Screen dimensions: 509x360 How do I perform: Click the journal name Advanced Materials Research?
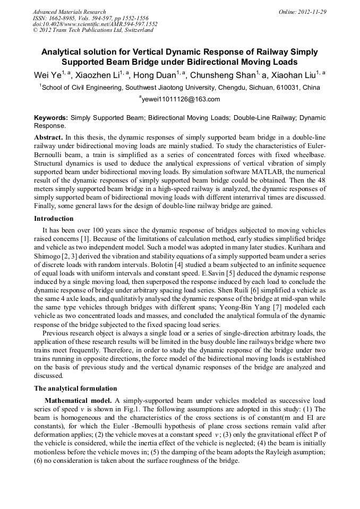(x=69, y=12)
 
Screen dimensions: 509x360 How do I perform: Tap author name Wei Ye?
(x=47, y=75)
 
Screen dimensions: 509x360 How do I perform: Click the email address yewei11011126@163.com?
(x=181, y=99)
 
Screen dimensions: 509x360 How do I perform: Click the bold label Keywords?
(x=51, y=118)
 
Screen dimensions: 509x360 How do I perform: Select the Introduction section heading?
(x=54, y=219)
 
